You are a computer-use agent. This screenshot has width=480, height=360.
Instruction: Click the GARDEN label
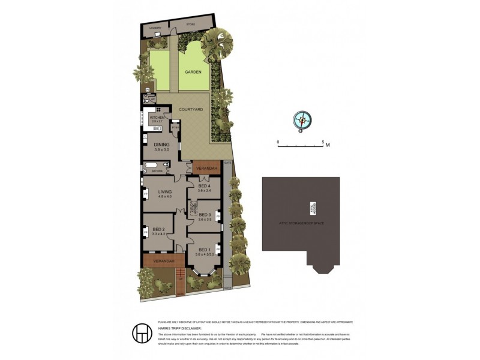click(193, 71)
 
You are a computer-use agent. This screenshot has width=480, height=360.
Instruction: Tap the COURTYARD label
click(191, 110)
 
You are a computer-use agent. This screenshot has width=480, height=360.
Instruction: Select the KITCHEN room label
click(157, 118)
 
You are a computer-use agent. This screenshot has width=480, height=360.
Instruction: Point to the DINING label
click(161, 145)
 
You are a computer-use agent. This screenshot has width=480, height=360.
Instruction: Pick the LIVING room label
click(165, 192)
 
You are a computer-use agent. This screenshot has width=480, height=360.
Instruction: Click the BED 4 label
click(205, 187)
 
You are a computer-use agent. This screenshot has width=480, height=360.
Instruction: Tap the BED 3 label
click(205, 215)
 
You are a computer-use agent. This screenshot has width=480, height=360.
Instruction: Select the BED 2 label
click(158, 230)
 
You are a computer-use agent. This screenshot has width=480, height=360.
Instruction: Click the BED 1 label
click(205, 250)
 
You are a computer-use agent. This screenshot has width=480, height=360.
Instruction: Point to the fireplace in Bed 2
click(145, 230)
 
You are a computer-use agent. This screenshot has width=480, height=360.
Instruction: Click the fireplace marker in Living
click(145, 193)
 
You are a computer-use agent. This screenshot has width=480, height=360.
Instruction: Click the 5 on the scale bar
click(323, 142)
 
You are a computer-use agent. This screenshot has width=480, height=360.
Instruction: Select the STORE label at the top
click(191, 25)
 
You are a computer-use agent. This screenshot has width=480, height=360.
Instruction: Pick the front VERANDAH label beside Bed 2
click(163, 261)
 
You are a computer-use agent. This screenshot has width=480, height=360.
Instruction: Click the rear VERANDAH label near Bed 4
click(206, 168)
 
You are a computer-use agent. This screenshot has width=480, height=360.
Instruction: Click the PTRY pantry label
click(175, 127)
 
